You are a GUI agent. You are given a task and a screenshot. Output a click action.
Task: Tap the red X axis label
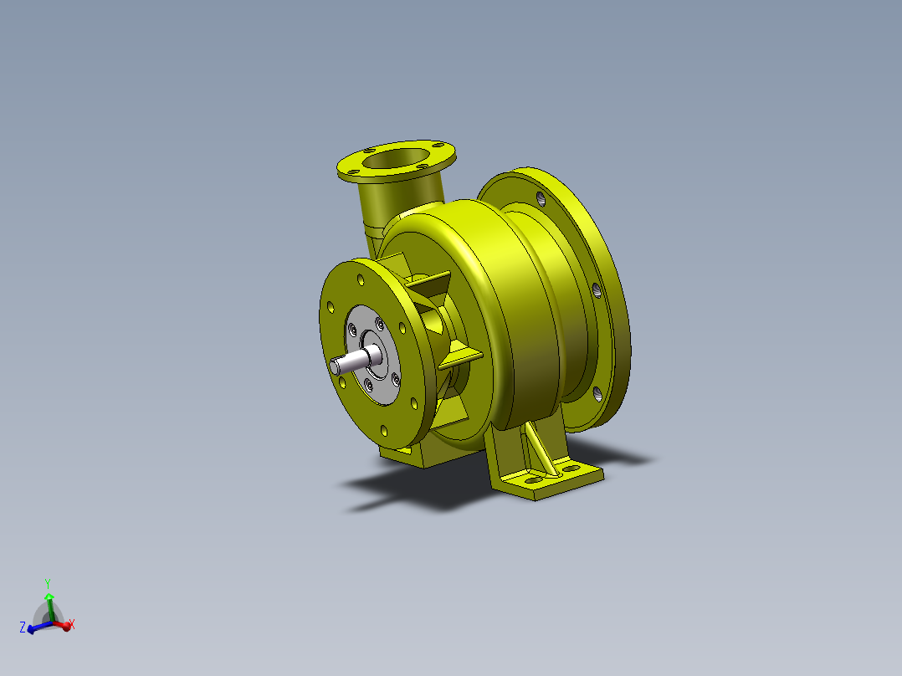click(x=73, y=624)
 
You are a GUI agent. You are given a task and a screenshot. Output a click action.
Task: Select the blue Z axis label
click(x=22, y=626)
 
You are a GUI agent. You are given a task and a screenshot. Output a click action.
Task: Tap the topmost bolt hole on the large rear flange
click(x=541, y=200)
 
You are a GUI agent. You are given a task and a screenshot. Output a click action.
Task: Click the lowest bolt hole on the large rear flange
click(x=597, y=393)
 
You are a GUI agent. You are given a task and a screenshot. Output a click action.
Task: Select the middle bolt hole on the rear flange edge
click(x=596, y=289)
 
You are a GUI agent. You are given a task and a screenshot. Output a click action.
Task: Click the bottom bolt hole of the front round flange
click(x=384, y=431)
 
